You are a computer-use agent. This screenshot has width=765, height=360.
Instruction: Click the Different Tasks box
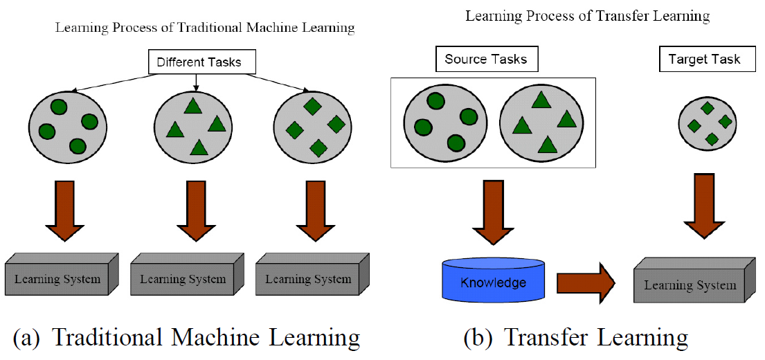point(199,62)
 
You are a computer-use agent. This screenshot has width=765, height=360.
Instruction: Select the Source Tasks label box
point(485,60)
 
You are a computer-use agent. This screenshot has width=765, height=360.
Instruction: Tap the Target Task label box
point(704,60)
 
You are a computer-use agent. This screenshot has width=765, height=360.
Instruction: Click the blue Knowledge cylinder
point(492,282)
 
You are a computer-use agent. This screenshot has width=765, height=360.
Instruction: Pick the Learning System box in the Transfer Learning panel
point(690,285)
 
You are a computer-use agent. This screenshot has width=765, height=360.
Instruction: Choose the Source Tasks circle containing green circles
point(443,123)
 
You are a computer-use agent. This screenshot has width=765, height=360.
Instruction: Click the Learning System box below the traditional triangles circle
point(183,279)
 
